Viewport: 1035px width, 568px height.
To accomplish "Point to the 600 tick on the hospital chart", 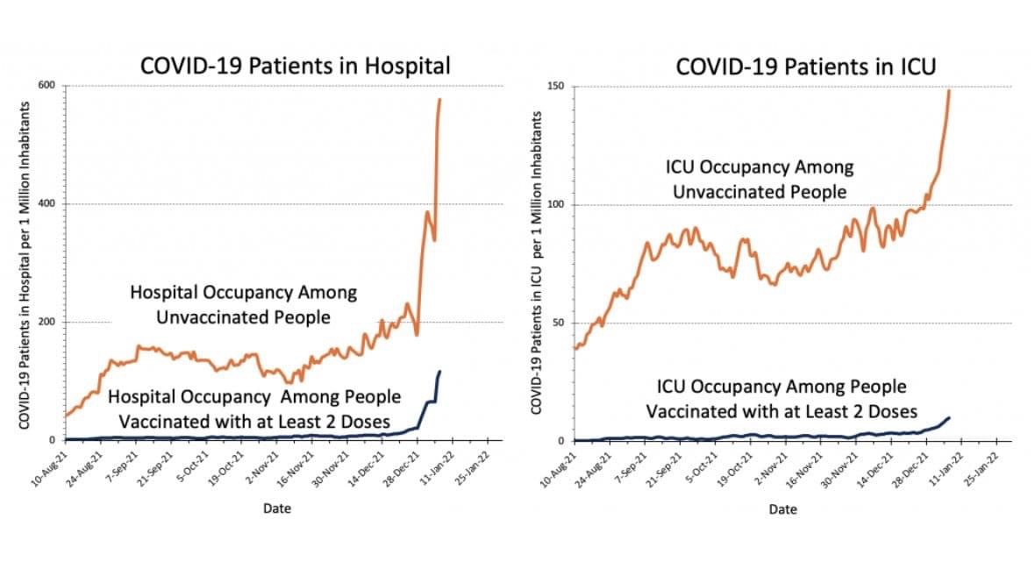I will tap(46, 85).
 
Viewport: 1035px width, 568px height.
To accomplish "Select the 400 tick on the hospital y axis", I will tap(46, 204).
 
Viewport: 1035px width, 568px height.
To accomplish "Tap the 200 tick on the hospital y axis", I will tap(46, 322).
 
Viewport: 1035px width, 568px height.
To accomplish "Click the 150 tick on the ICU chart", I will tap(555, 87).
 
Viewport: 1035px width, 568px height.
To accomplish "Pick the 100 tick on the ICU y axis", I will tap(555, 205).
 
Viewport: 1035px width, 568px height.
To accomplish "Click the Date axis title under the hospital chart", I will tap(277, 508).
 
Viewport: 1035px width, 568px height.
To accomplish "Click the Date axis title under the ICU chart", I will tap(782, 509).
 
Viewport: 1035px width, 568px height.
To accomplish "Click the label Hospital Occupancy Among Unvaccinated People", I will tap(243, 304).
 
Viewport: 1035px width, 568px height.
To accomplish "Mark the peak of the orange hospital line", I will tap(439, 100).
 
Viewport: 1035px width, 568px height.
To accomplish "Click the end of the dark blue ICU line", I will tap(949, 417).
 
